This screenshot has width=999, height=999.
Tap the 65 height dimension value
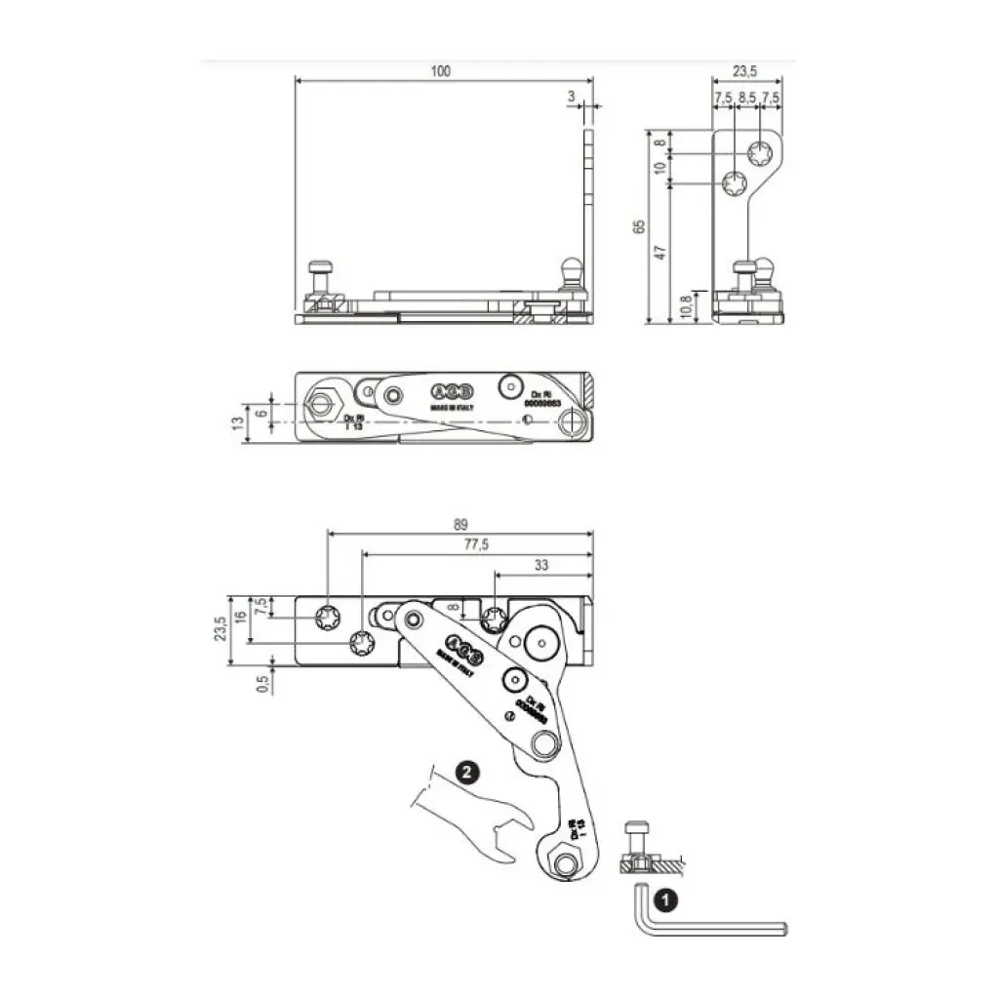639,225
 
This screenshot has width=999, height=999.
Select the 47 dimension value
660,252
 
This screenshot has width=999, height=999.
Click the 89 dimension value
460,524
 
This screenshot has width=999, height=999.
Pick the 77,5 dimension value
476,544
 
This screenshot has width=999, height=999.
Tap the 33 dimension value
541,565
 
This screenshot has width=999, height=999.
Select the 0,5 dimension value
261,684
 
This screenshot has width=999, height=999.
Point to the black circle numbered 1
663,896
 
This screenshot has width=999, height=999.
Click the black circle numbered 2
467,773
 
